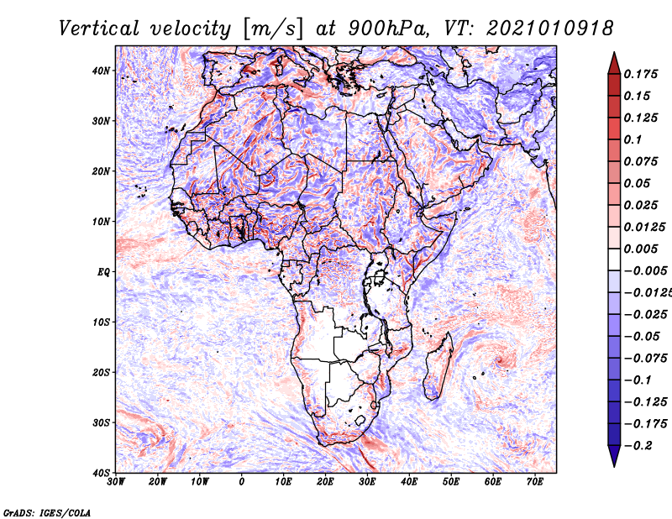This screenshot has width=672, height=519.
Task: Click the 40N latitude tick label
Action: [x=101, y=71]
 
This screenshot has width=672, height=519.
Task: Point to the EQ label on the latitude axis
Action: [x=103, y=272]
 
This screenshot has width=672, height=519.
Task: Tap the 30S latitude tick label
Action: [x=101, y=423]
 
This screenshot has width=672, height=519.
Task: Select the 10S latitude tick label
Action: [x=101, y=322]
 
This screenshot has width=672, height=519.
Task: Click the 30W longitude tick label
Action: [x=116, y=482]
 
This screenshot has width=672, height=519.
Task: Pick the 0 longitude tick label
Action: [x=242, y=482]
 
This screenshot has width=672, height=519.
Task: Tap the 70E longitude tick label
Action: [x=534, y=482]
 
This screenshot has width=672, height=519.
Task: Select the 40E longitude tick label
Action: [x=409, y=482]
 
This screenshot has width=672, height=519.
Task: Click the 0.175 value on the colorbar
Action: [x=640, y=74]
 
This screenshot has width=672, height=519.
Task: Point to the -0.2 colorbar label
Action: [x=638, y=446]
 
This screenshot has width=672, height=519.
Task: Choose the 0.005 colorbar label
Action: [x=640, y=249]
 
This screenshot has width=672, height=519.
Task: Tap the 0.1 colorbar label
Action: [x=633, y=139]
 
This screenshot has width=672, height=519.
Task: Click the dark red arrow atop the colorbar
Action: [x=614, y=64]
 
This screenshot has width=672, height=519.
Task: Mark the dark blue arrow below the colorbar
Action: [x=614, y=456]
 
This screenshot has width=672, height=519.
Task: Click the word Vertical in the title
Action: [x=99, y=29]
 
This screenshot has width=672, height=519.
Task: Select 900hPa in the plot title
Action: [x=386, y=29]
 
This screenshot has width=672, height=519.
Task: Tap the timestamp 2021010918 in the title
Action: [x=549, y=29]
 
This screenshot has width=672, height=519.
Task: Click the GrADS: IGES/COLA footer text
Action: [x=47, y=512]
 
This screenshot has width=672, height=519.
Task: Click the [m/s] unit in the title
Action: [x=273, y=29]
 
